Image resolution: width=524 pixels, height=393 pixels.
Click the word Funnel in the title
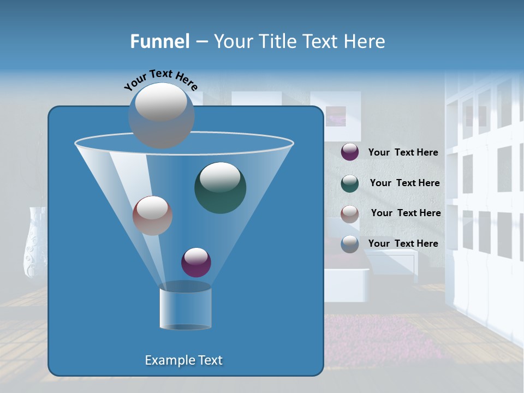point(160,41)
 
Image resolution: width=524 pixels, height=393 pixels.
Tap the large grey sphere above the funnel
point(161,115)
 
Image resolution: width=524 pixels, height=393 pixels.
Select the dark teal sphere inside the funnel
point(220,187)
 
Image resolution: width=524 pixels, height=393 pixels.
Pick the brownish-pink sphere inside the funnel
point(152,216)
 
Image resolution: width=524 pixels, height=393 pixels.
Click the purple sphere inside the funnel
point(196,263)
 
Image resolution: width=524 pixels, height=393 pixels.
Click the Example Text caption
point(183,360)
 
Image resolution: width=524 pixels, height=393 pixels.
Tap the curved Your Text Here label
point(160,79)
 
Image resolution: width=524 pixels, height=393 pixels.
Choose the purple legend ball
point(350,152)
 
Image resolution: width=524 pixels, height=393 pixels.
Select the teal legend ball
point(350,183)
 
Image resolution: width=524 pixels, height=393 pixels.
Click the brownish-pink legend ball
point(350,213)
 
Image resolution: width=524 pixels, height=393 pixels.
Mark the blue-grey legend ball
point(350,244)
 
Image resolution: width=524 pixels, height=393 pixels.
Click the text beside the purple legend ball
point(403,152)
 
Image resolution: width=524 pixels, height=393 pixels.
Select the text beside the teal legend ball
point(404,183)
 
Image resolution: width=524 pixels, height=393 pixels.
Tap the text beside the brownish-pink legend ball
point(406,213)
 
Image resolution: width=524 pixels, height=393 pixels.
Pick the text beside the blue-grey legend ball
point(403,243)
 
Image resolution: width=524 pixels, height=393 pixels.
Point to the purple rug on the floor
point(382,338)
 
